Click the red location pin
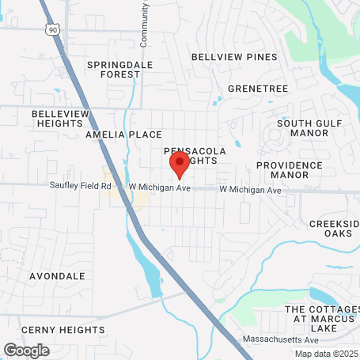[179, 165]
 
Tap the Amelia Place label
[123, 135]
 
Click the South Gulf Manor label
[303, 128]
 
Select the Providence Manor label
[290, 169]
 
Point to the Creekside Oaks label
[335, 229]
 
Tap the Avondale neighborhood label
[57, 276]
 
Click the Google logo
[26, 349]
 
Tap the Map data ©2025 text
[327, 354]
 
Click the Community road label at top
[145, 22]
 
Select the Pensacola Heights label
[195, 154]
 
